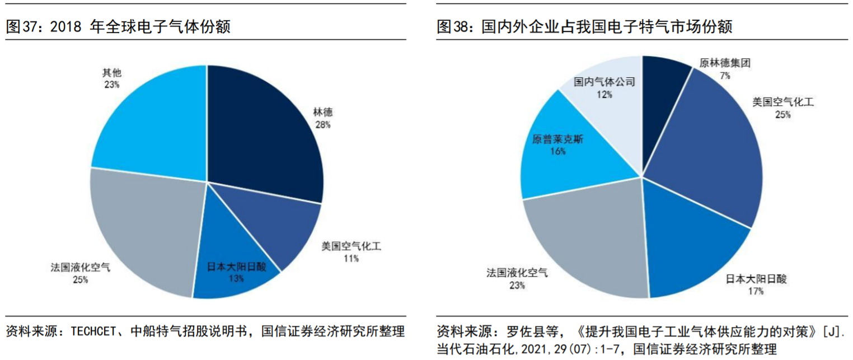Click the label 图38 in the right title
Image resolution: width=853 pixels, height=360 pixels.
(452, 27)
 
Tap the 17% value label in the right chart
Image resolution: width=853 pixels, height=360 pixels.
(756, 291)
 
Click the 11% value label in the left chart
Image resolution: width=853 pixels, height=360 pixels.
(351, 258)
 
